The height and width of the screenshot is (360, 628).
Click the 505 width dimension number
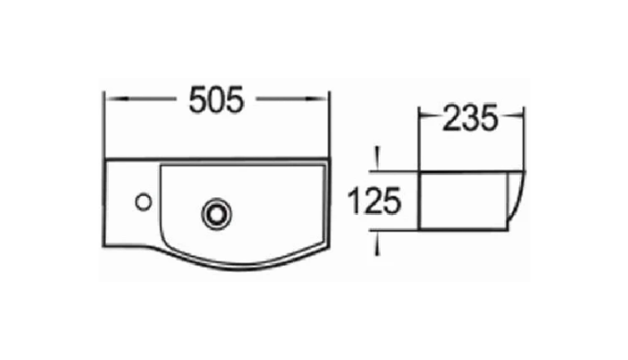pyautogui.click(x=216, y=100)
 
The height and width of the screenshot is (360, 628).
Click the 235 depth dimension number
pyautogui.click(x=471, y=118)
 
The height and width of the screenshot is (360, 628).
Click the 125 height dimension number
pyautogui.click(x=375, y=202)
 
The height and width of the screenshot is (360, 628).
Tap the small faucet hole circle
pyautogui.click(x=143, y=202)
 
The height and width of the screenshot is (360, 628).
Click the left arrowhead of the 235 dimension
pyautogui.click(x=424, y=115)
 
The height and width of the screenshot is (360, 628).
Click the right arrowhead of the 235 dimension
pyautogui.click(x=517, y=115)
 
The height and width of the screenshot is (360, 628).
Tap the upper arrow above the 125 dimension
pyautogui.click(x=377, y=159)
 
